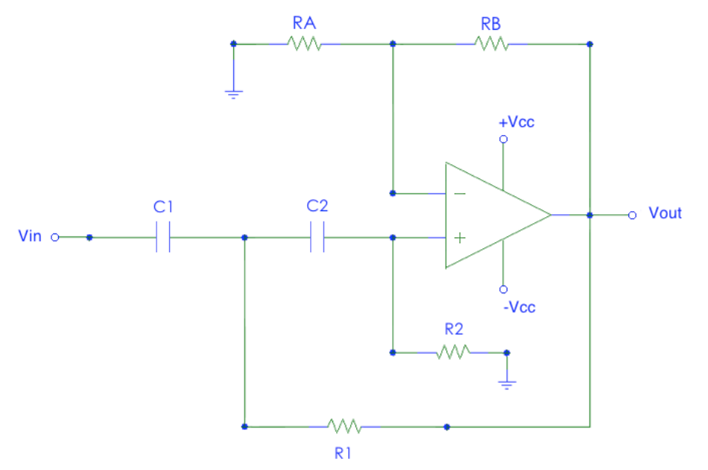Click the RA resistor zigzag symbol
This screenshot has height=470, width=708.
click(x=305, y=44)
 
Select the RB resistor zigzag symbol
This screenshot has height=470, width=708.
click(x=492, y=44)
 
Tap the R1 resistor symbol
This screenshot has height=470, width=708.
click(x=344, y=427)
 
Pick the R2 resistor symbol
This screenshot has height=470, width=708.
click(x=453, y=352)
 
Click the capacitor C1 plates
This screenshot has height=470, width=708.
click(x=164, y=238)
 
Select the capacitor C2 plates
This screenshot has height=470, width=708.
click(x=317, y=238)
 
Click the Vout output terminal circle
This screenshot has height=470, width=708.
click(x=632, y=215)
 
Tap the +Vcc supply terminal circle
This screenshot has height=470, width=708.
click(x=503, y=140)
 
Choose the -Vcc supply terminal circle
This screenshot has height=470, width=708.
click(x=503, y=289)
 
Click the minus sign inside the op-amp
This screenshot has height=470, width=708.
click(x=460, y=193)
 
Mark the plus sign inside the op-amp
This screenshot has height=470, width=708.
click(x=460, y=238)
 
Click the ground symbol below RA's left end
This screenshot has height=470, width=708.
click(x=233, y=94)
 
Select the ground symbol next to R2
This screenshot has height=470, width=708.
click(x=507, y=384)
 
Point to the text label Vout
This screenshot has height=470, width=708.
click(x=665, y=213)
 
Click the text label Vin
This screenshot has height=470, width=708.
click(x=30, y=236)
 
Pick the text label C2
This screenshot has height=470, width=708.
click(x=317, y=205)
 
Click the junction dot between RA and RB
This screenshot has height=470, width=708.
click(x=393, y=44)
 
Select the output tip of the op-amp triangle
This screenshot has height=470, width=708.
click(x=550, y=215)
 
